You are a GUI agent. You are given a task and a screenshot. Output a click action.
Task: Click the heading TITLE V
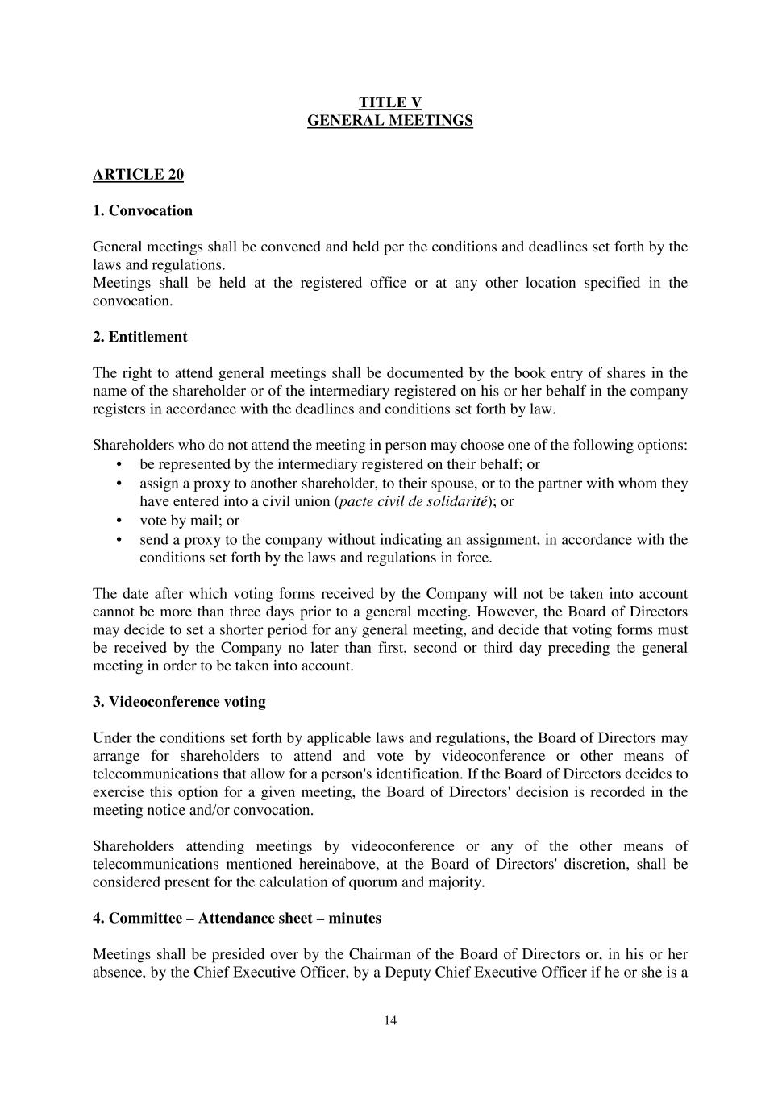coord(389,102)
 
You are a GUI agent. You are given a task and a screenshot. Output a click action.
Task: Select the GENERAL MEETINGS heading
coord(389,121)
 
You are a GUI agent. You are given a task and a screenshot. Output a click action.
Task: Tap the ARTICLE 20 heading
coord(138,175)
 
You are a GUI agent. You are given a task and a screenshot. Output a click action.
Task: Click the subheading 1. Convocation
coord(143,211)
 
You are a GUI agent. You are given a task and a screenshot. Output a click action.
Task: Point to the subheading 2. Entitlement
coord(139,337)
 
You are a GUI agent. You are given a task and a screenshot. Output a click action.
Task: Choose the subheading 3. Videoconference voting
coord(179,702)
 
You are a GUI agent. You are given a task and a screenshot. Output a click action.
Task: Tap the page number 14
coord(390,1021)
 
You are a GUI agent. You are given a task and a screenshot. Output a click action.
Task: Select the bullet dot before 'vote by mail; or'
coord(119,521)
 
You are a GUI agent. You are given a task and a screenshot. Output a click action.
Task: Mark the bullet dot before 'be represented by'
coord(119,464)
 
